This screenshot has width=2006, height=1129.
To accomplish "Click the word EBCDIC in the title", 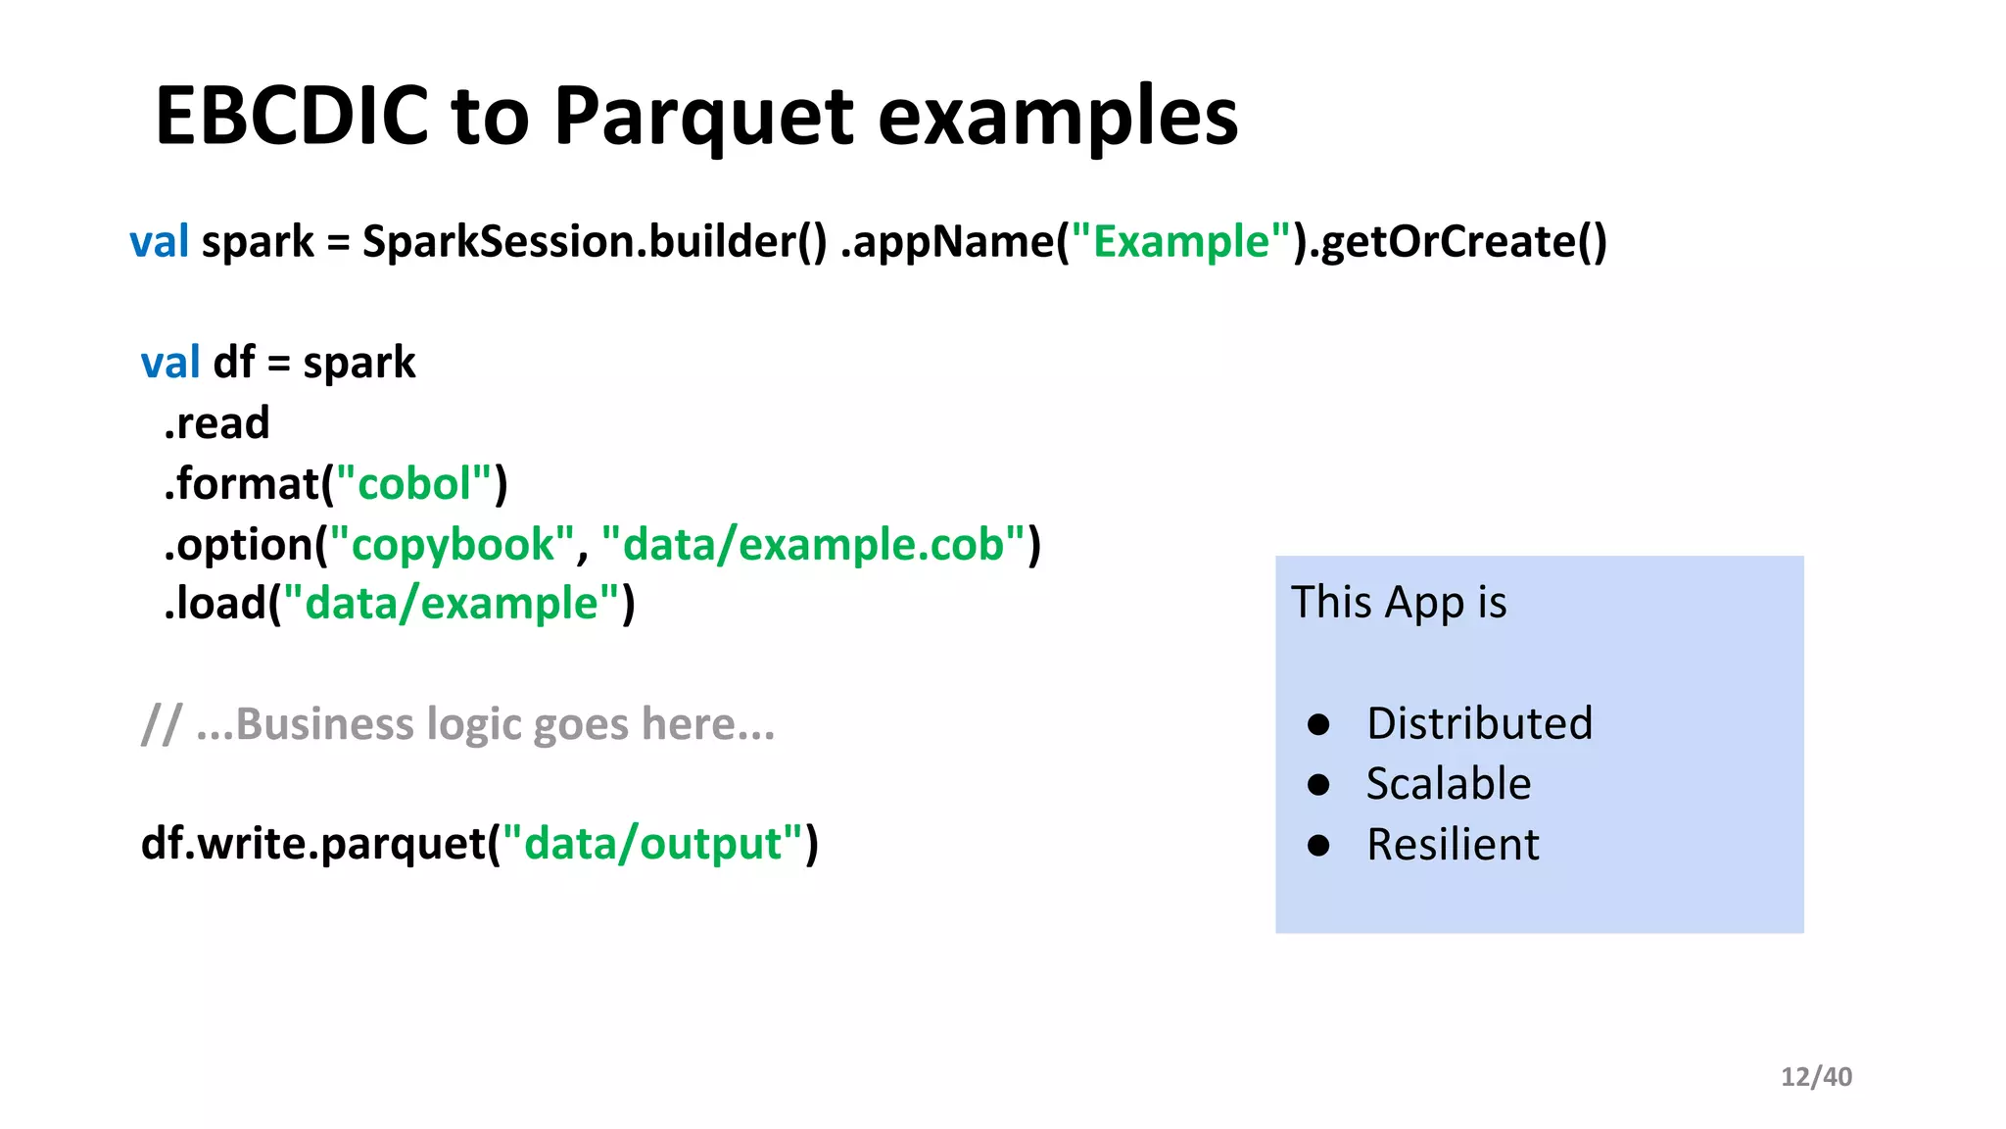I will click(x=291, y=117).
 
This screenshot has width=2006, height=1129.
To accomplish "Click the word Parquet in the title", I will click(x=703, y=117).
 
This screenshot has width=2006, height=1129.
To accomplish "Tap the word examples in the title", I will click(x=1058, y=117).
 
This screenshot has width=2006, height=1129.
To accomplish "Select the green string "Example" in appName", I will click(x=1181, y=242).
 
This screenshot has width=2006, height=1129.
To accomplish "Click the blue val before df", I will click(x=170, y=363).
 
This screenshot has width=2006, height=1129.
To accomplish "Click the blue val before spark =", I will click(x=159, y=242).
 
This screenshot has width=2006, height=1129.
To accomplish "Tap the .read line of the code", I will click(x=216, y=423).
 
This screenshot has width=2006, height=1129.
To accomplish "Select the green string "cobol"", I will click(x=414, y=484).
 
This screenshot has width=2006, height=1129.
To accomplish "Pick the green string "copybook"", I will click(x=452, y=545).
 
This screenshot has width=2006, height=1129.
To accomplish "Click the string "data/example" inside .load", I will click(x=451, y=604).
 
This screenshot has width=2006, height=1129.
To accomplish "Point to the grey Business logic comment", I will click(x=458, y=725).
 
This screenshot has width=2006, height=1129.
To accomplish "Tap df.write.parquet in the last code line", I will click(x=313, y=844).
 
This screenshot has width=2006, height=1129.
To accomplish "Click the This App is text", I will click(x=1399, y=602).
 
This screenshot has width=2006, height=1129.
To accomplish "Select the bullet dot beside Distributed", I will click(x=1318, y=724).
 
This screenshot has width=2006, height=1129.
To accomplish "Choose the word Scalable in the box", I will click(x=1448, y=784).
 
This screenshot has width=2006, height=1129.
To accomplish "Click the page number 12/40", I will click(x=1816, y=1077).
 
